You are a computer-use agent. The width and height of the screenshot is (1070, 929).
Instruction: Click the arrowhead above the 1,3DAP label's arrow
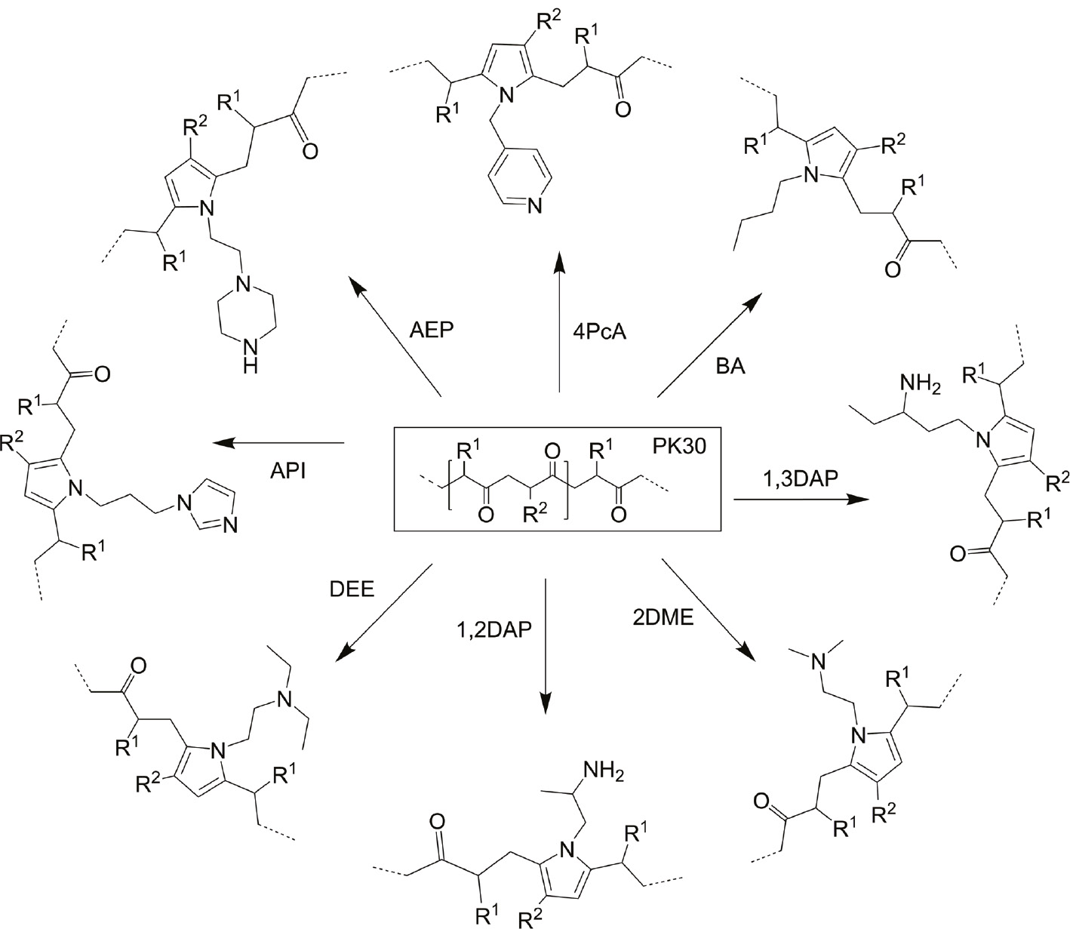pos(859,499)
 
